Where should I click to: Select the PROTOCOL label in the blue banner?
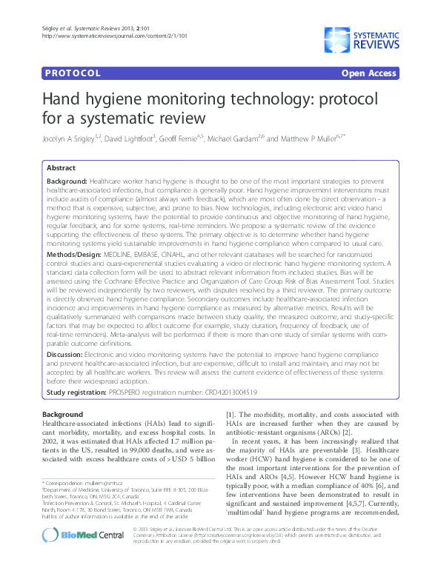click(x=72, y=73)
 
